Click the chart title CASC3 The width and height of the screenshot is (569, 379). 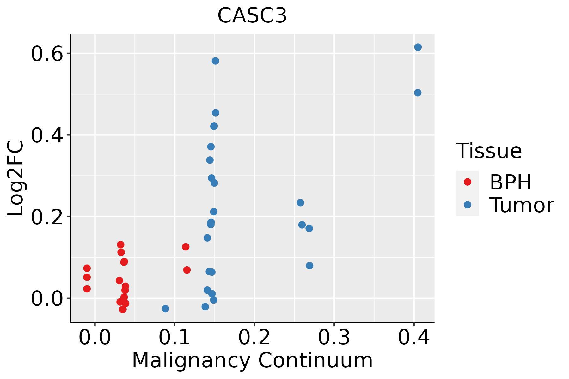pyautogui.click(x=252, y=15)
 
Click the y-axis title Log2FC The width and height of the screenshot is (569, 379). pyautogui.click(x=16, y=178)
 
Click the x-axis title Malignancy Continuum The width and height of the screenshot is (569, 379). pyautogui.click(x=252, y=360)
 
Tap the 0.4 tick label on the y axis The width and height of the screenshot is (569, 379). pyautogui.click(x=46, y=135)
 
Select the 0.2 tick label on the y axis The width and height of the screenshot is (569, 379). pyautogui.click(x=46, y=217)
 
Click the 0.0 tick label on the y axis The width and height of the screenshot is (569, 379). pyautogui.click(x=46, y=298)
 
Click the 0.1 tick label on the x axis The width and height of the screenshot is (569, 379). pyautogui.click(x=174, y=337)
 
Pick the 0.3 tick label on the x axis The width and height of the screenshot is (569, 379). pyautogui.click(x=334, y=337)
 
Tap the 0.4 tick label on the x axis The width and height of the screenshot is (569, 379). pyautogui.click(x=413, y=337)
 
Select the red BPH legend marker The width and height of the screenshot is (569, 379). pyautogui.click(x=467, y=182)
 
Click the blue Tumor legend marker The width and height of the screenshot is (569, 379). pyautogui.click(x=467, y=205)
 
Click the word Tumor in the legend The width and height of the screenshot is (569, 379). pyautogui.click(x=522, y=205)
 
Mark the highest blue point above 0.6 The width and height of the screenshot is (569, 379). pyautogui.click(x=418, y=47)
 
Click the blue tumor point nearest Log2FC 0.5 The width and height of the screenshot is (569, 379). pyautogui.click(x=418, y=93)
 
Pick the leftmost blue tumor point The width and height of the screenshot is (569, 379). pyautogui.click(x=165, y=309)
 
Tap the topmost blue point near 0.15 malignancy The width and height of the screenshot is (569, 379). pyautogui.click(x=216, y=61)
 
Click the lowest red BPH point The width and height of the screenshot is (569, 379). pyautogui.click(x=123, y=309)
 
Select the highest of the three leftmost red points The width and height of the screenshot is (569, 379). pyautogui.click(x=87, y=268)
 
